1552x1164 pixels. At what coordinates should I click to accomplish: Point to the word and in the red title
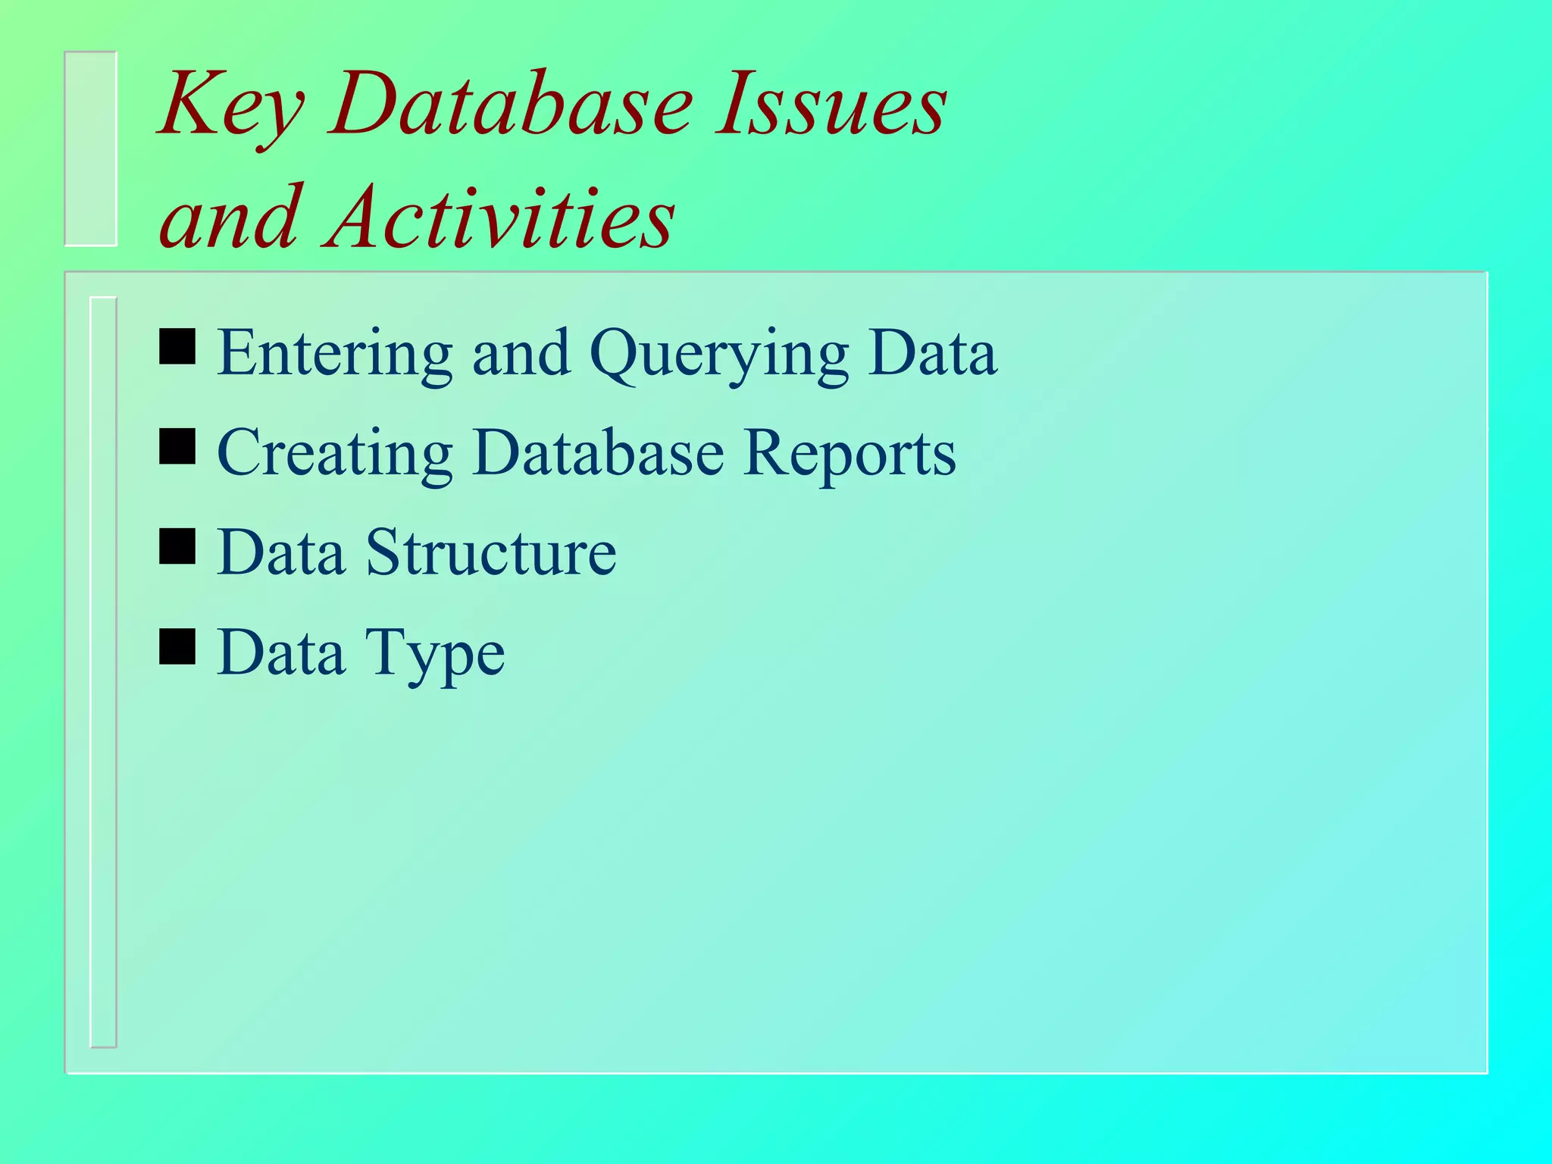pyautogui.click(x=231, y=220)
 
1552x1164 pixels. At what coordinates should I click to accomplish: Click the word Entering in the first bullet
pyautogui.click(x=334, y=353)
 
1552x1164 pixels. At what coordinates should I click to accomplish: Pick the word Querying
pyautogui.click(x=718, y=355)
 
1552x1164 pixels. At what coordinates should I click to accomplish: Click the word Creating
pyautogui.click(x=334, y=453)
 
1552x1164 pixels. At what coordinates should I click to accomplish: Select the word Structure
pyautogui.click(x=491, y=553)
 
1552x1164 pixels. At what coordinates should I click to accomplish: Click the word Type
pyautogui.click(x=435, y=653)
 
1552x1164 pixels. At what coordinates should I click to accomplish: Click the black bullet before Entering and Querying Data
pyautogui.click(x=177, y=346)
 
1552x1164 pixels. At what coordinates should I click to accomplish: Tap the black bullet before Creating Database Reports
pyautogui.click(x=177, y=446)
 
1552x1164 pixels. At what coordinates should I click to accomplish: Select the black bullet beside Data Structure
pyautogui.click(x=177, y=546)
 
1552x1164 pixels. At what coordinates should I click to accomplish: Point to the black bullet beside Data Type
pyautogui.click(x=177, y=646)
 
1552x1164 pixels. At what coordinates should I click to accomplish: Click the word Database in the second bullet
pyautogui.click(x=598, y=453)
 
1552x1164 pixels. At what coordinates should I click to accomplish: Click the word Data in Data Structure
pyautogui.click(x=280, y=553)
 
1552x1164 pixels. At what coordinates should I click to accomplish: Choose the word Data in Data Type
pyautogui.click(x=280, y=653)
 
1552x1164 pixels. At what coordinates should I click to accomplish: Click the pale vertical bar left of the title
pyautogui.click(x=91, y=149)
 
